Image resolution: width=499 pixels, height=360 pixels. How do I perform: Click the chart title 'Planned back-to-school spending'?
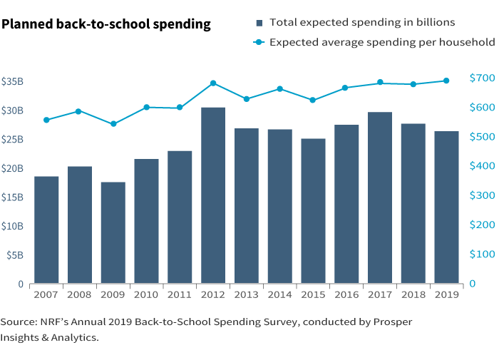click(106, 24)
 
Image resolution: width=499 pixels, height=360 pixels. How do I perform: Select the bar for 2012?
click(213, 195)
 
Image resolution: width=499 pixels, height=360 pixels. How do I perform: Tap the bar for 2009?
click(113, 232)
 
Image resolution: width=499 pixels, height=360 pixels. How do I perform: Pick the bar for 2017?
click(380, 197)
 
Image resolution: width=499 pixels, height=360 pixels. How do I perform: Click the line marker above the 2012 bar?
click(213, 83)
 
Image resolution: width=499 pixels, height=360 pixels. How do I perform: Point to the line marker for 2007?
click(46, 120)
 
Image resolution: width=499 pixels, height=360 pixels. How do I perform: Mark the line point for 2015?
click(313, 100)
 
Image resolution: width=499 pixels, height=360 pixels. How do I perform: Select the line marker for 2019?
click(446, 81)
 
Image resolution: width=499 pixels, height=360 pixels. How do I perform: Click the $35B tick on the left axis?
click(13, 81)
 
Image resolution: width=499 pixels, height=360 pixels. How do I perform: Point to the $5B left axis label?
click(14, 255)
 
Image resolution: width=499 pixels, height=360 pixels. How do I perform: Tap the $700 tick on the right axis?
click(482, 78)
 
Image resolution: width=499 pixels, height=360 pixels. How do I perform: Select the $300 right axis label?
click(482, 195)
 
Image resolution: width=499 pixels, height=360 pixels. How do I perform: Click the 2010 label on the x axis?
click(146, 294)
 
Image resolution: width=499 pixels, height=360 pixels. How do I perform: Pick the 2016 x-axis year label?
click(346, 294)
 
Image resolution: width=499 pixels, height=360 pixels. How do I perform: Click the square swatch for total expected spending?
click(259, 24)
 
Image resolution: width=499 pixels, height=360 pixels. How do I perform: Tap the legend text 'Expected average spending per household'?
click(382, 42)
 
